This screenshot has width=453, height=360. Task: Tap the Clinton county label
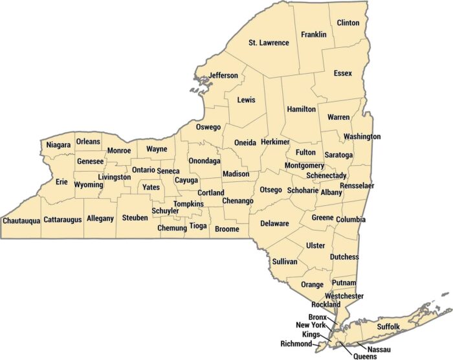coord(348,23)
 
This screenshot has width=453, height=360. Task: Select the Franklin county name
coord(314,34)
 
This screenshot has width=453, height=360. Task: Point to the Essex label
coord(343,74)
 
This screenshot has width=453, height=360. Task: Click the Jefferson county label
coord(223,76)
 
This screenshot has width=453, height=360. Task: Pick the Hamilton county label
coord(301,109)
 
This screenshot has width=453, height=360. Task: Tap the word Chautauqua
coord(21,220)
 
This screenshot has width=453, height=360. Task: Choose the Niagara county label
coord(58,146)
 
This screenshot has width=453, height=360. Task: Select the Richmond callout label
coord(296,344)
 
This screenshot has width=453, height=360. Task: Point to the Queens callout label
coord(364,355)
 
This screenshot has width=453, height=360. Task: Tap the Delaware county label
coord(274,223)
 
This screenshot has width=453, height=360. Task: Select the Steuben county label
coord(135,218)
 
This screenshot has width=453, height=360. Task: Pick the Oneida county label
coord(245,142)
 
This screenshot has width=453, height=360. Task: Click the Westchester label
coord(344,296)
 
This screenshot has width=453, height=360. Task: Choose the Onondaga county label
coord(204,161)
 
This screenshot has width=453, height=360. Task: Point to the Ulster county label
coord(315,245)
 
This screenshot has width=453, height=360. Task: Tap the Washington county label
coord(362,137)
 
